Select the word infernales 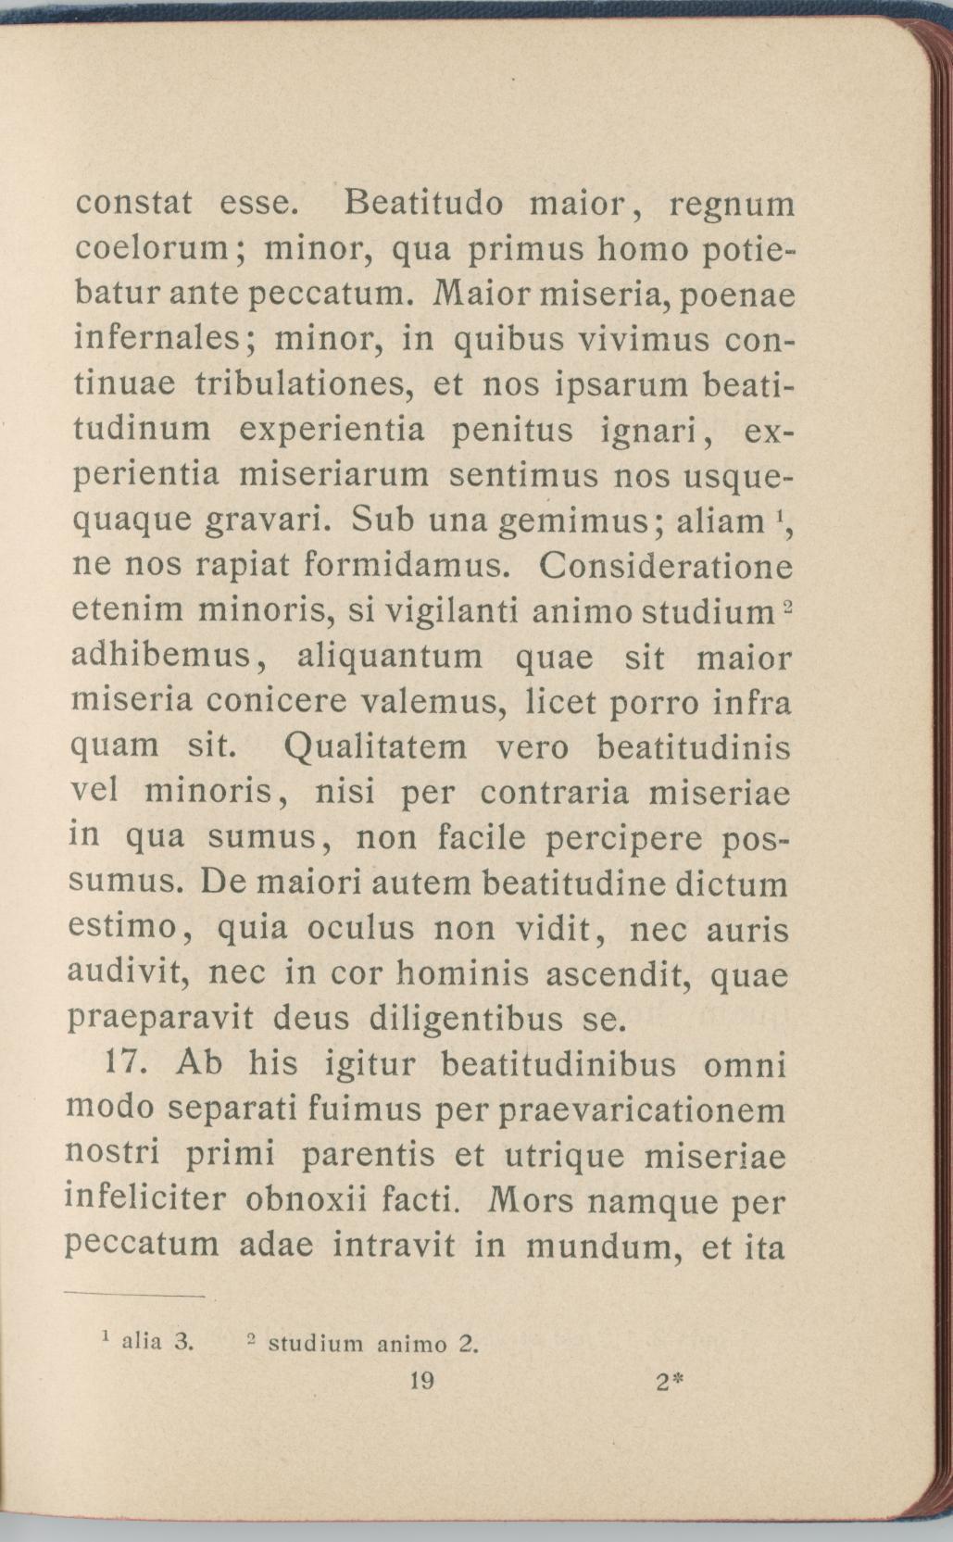157,339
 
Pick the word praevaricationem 642,1109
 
